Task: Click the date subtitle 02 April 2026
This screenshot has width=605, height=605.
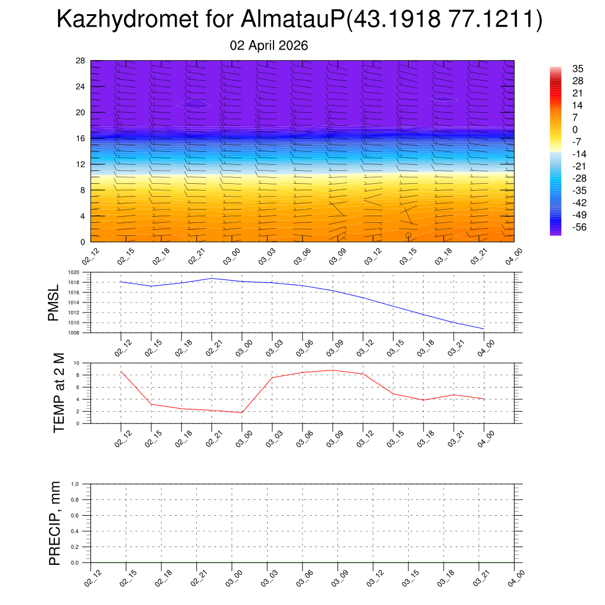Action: (x=269, y=45)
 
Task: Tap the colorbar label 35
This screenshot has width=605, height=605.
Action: (x=578, y=69)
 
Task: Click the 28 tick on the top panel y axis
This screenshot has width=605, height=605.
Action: (x=80, y=61)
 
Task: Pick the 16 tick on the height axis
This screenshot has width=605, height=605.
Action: (x=80, y=138)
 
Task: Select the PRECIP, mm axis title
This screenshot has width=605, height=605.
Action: (x=54, y=523)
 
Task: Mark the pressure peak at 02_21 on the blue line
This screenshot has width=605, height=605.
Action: (x=212, y=278)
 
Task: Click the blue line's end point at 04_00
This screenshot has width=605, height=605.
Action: (x=484, y=328)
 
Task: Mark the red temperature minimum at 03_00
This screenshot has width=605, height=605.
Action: (x=242, y=412)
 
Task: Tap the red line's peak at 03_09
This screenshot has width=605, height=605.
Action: (x=333, y=370)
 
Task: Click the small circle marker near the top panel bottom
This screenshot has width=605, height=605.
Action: (x=408, y=236)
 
